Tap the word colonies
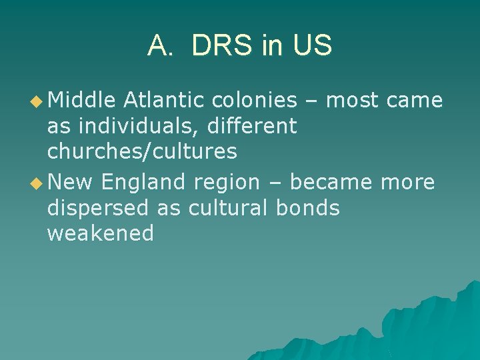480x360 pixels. click(254, 100)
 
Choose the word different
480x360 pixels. click(253, 125)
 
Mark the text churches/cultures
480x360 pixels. click(142, 151)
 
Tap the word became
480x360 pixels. click(332, 182)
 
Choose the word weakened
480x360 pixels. click(100, 233)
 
